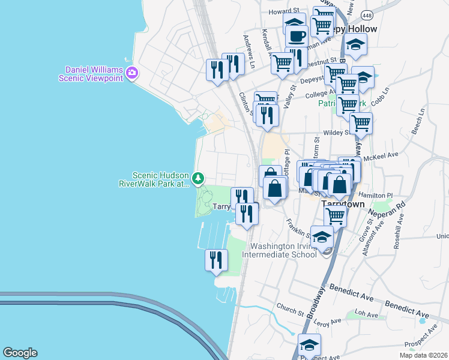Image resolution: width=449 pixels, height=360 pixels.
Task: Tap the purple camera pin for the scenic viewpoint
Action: tap(133, 74)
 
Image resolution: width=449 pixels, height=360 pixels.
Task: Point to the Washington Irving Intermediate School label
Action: tap(283, 250)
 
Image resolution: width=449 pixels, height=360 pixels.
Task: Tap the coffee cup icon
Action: tap(295, 36)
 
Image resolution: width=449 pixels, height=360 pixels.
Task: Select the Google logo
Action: tap(20, 353)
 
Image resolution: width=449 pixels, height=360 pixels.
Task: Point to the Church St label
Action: tap(291, 310)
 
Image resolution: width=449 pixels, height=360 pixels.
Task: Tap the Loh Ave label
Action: tap(367, 313)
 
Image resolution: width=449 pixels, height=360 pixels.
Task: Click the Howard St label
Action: tap(283, 11)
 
